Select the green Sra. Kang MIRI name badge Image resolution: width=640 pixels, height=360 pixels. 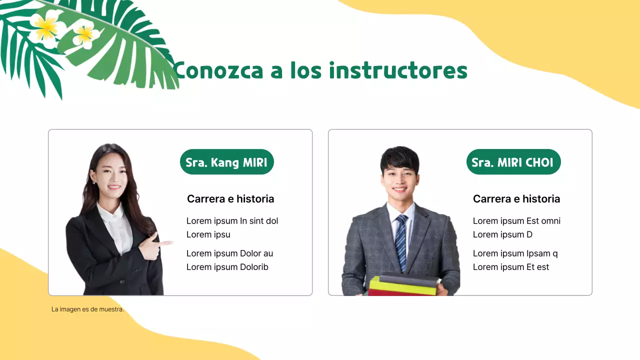tap(226, 162)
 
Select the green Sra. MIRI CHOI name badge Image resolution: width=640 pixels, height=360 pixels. tap(513, 162)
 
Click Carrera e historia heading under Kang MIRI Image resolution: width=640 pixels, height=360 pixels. tap(230, 199)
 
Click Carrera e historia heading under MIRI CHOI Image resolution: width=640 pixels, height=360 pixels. tap(516, 199)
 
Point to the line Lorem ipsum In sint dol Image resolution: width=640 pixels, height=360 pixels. tap(232, 221)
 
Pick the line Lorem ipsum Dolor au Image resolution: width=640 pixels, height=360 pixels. tap(229, 253)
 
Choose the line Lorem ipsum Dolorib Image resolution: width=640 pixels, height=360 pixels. tap(227, 267)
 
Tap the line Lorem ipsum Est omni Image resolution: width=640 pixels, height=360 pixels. tap(516, 221)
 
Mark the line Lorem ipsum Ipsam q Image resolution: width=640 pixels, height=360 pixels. tap(515, 253)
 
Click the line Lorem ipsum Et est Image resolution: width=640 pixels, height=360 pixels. tap(511, 267)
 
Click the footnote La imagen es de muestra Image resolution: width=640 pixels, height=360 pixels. tap(87, 309)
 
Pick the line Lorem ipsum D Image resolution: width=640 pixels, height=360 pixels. tap(502, 234)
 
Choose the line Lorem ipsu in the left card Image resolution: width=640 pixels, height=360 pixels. tap(208, 234)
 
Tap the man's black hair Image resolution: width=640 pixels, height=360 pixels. tap(399, 157)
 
